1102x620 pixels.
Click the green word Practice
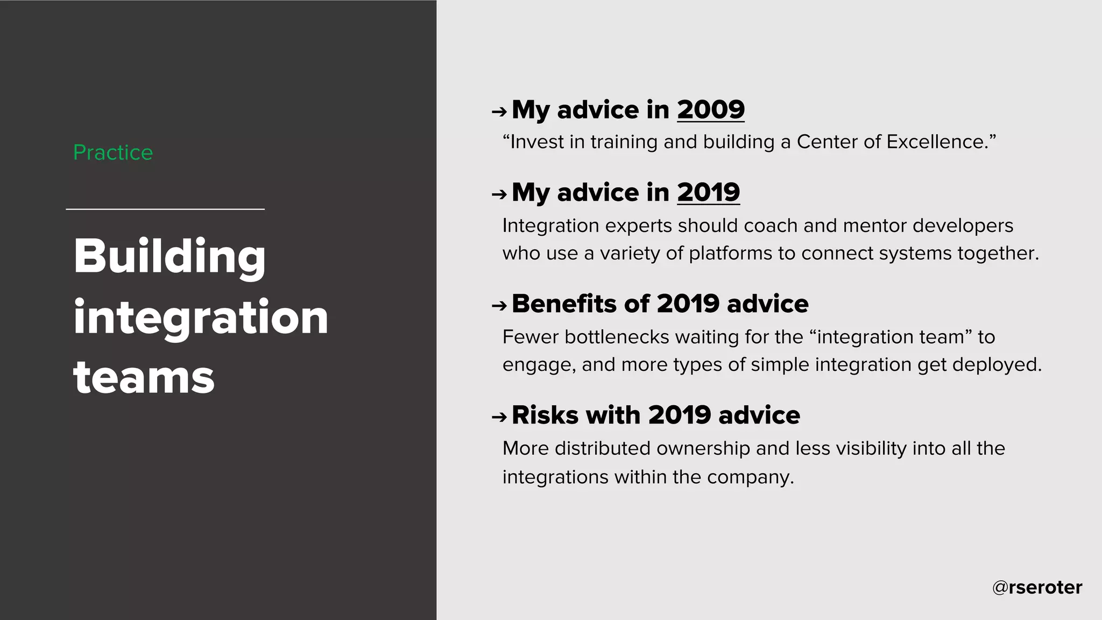113,153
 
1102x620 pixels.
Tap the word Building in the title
169,257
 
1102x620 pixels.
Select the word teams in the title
144,377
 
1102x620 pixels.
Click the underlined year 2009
710,110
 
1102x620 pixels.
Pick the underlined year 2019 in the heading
708,193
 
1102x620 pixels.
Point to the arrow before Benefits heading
499,306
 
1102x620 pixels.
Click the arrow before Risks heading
499,417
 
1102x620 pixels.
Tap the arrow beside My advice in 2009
499,112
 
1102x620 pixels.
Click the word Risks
545,415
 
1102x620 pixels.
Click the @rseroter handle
1037,587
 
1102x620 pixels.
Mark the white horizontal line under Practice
165,209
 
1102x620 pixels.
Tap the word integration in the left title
200,318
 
